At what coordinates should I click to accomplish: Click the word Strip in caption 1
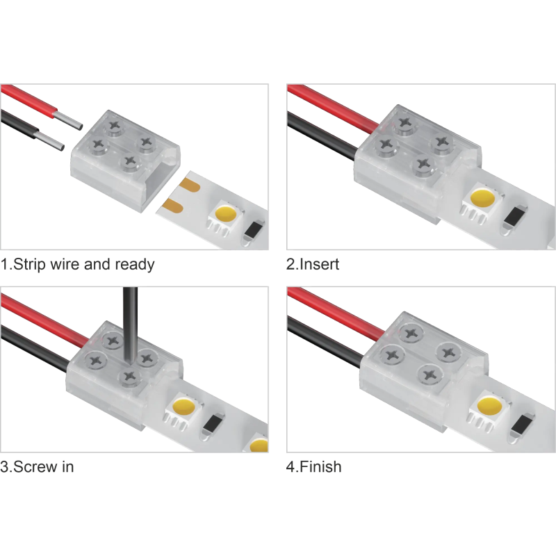[x=30, y=264]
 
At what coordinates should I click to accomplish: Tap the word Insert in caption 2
[x=319, y=264]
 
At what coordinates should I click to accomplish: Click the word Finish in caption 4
[x=320, y=466]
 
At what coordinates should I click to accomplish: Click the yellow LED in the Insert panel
[x=483, y=198]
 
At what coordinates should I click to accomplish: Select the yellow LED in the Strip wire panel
[x=227, y=213]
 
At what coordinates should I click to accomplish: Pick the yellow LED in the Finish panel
[x=490, y=406]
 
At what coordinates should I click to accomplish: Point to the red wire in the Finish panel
[x=336, y=313]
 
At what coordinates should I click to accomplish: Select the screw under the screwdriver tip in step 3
[x=130, y=376]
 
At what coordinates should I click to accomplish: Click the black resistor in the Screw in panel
[x=213, y=424]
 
